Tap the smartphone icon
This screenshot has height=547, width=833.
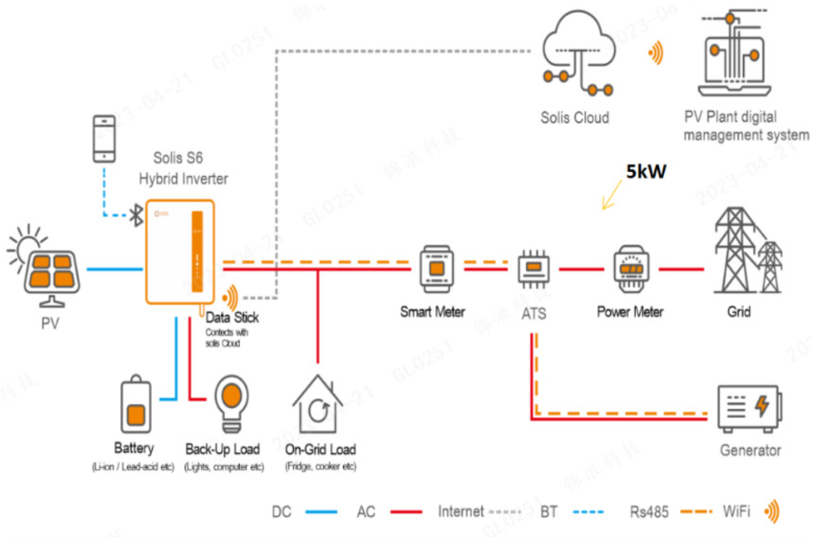105,138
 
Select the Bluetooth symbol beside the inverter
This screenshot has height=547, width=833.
135,216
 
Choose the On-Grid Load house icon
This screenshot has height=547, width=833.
317,404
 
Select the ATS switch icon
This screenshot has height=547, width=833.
532,269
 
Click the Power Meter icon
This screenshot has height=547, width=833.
629,268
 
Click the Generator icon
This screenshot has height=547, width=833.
748,410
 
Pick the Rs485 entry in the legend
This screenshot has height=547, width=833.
649,512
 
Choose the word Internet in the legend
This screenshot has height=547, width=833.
459,512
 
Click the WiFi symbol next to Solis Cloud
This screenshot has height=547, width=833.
655,54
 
